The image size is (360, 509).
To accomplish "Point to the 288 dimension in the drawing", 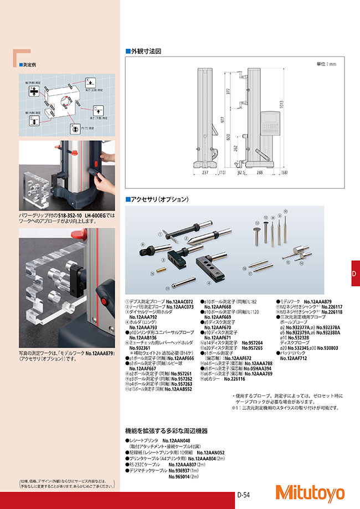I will click(x=260, y=173).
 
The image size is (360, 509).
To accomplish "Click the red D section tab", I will click(x=355, y=273).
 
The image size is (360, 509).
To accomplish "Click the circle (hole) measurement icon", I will click(x=76, y=126).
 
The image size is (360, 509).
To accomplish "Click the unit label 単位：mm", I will click(x=326, y=64).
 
